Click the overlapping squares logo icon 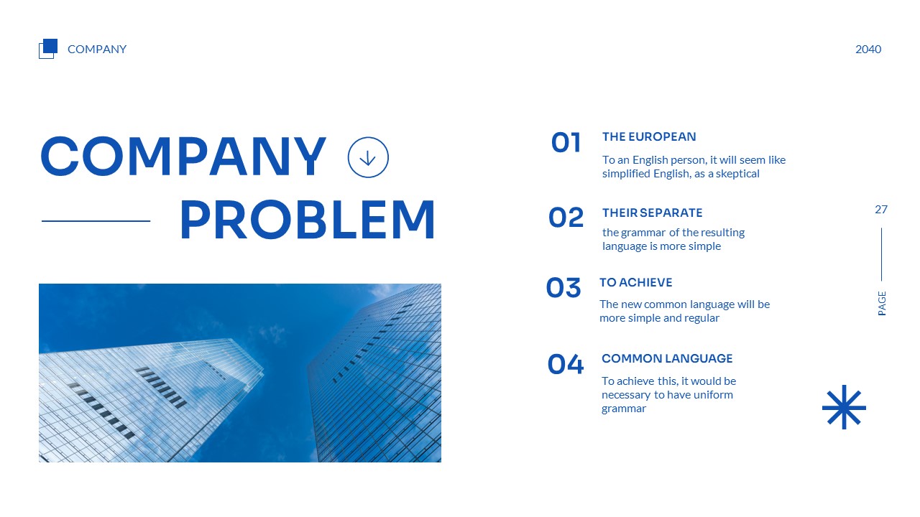[47, 48]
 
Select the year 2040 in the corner [868, 50]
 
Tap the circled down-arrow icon [368, 157]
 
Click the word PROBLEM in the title [307, 220]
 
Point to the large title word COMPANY [183, 157]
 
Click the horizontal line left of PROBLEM [96, 221]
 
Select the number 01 [566, 143]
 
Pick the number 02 [566, 218]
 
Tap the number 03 [563, 288]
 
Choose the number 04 [566, 365]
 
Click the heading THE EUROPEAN [649, 137]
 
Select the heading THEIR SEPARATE [652, 213]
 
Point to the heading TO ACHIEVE [635, 283]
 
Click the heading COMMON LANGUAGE [667, 358]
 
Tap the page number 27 [881, 210]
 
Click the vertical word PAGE [882, 303]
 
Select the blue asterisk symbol [844, 407]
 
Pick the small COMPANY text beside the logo [97, 50]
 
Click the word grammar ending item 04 [623, 409]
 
